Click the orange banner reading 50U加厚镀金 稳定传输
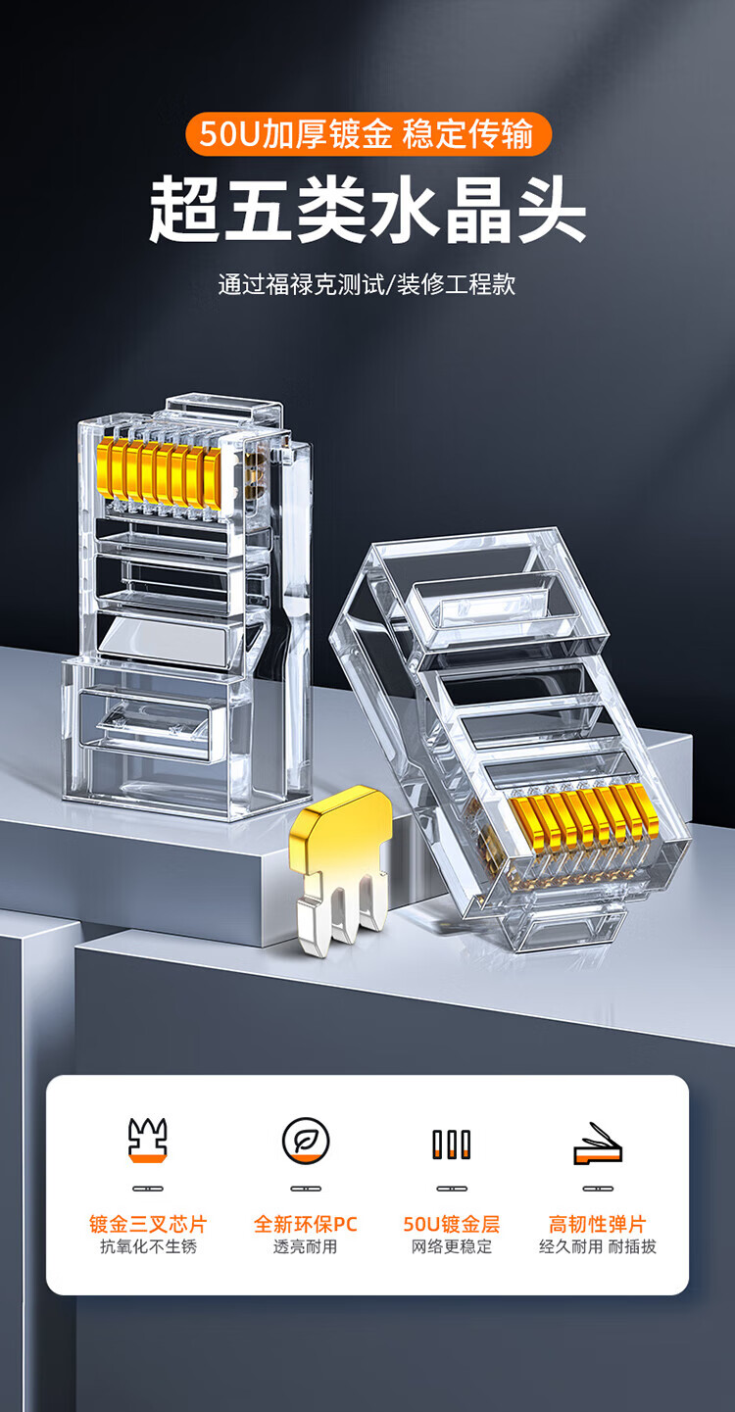(368, 133)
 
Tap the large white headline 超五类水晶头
(367, 209)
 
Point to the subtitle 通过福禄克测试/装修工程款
(367, 284)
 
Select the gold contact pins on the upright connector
(160, 474)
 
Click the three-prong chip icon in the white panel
(148, 1141)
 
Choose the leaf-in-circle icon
(306, 1141)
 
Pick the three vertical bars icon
(452, 1144)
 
